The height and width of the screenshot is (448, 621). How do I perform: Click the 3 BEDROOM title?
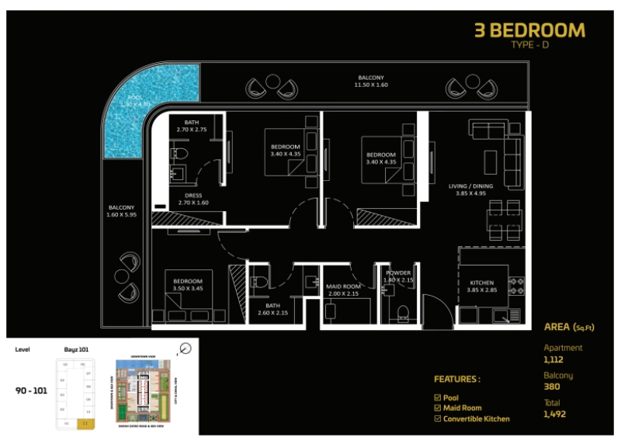[x=529, y=30]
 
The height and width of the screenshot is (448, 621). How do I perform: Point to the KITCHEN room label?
[x=481, y=283]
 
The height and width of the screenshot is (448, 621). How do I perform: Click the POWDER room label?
[x=398, y=273]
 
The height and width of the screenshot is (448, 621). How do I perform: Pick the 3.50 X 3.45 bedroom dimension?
[x=187, y=289]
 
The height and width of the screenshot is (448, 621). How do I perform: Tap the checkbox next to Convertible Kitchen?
[x=437, y=419]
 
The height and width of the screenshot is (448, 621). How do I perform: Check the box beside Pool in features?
[x=437, y=397]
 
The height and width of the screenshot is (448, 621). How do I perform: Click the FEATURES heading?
[x=456, y=380]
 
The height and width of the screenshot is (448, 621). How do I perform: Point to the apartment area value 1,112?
[x=555, y=359]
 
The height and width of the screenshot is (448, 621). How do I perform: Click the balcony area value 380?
[x=551, y=387]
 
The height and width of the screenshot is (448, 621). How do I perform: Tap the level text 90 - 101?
[x=31, y=391]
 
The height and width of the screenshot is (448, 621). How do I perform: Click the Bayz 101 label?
[x=75, y=350]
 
